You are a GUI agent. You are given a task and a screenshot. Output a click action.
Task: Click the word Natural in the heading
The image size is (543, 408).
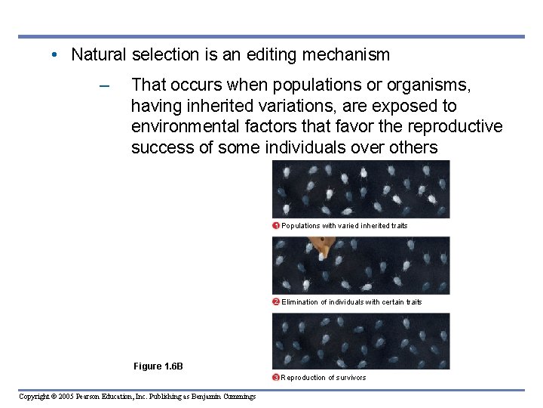pos(99,54)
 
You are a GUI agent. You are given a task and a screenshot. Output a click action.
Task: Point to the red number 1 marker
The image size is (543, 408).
pos(276,226)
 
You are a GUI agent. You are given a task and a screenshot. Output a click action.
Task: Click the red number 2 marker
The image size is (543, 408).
pos(276,302)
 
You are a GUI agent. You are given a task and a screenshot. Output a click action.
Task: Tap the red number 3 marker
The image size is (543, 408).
pos(276,378)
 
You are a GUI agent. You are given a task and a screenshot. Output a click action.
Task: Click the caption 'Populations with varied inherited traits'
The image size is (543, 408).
pos(345,226)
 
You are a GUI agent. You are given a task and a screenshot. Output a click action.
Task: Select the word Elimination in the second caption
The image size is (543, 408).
pos(300,302)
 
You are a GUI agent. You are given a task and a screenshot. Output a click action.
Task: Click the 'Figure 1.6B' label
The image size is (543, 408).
pos(158,366)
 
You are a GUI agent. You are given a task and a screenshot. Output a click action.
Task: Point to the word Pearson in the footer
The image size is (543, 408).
pos(95,397)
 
